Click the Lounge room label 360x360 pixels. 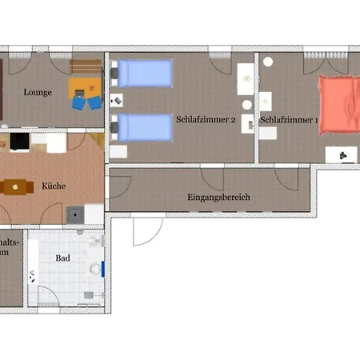tap(38, 92)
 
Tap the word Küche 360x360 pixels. tap(54, 186)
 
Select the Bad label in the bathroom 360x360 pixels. tap(62, 258)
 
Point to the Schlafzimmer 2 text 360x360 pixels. tap(205, 119)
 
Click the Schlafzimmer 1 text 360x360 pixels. tap(290, 120)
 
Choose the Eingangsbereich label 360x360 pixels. tap(219, 197)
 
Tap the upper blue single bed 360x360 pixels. tap(145, 74)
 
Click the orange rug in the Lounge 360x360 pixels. tap(86, 90)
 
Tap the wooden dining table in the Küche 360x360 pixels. tap(14, 186)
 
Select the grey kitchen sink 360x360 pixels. tap(74, 214)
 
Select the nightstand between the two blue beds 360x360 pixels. tap(117, 101)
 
